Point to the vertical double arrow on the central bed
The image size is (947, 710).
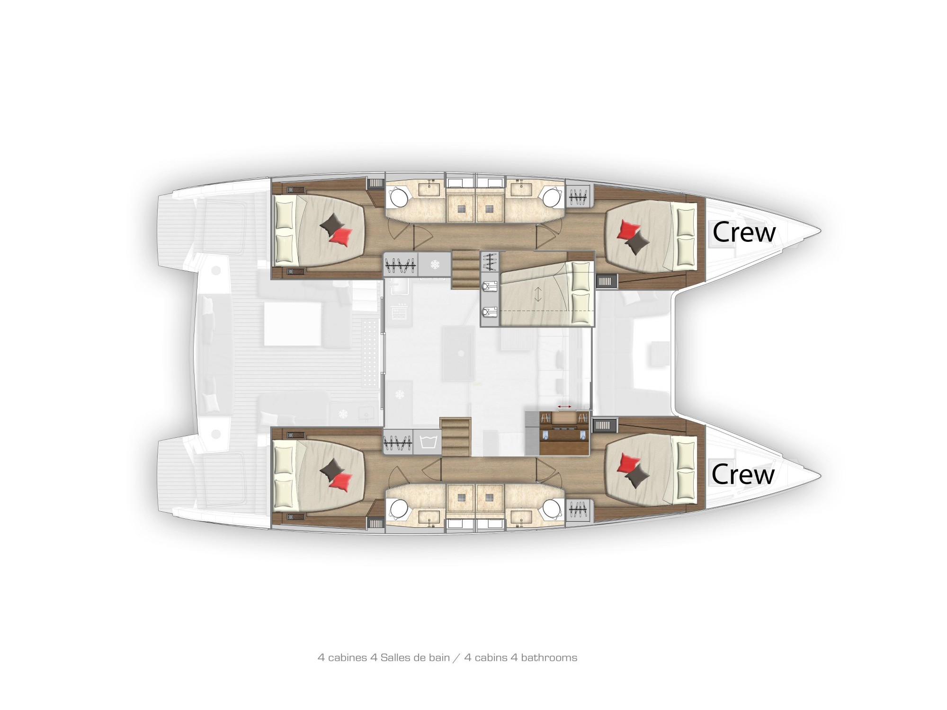click(x=538, y=295)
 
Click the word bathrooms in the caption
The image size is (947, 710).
click(x=549, y=657)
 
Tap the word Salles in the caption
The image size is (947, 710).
click(x=396, y=657)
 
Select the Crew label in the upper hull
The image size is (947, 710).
click(x=744, y=232)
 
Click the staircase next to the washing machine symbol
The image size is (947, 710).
click(x=456, y=437)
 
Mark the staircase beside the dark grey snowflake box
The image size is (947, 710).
click(x=466, y=270)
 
